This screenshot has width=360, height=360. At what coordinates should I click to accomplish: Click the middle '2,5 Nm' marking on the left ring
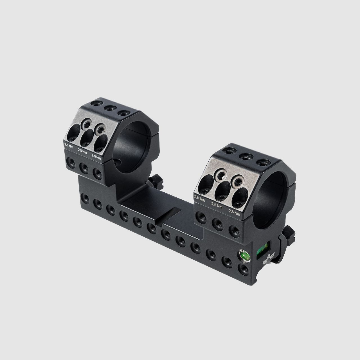(x=82, y=151)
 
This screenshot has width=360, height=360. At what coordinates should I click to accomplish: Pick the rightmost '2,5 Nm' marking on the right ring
(x=235, y=213)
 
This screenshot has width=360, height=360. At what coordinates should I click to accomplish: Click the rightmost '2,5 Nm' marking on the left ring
(x=96, y=156)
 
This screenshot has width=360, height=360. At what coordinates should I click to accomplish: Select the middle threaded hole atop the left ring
(x=110, y=108)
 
